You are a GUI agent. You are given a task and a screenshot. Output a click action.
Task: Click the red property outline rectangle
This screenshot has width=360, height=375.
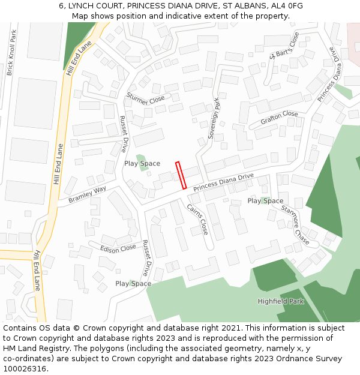[x=181, y=175]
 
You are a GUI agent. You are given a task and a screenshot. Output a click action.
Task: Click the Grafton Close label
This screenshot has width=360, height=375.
[x=279, y=118]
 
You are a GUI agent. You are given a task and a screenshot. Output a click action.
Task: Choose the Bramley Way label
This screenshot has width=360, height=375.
[x=87, y=193]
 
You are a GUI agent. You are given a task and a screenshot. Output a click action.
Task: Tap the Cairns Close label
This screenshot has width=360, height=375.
[x=197, y=220]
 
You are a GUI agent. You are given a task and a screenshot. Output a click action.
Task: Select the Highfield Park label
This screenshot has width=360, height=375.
[x=281, y=301]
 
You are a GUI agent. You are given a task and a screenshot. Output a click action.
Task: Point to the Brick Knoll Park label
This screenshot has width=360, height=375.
[x=10, y=53]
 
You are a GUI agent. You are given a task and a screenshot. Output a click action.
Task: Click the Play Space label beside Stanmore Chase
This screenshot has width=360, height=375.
[x=265, y=201]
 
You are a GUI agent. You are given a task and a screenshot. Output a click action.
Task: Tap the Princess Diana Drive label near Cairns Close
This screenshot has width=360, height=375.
[x=223, y=182]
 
